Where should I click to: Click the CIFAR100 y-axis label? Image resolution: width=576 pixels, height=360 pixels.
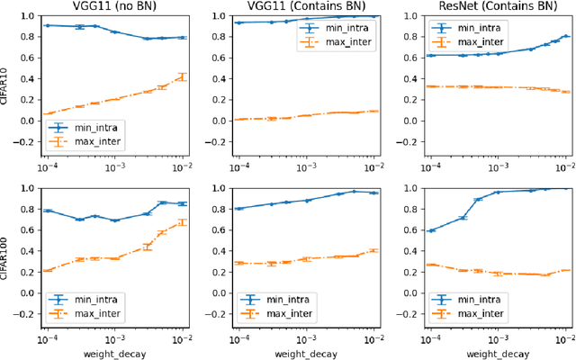[x=7, y=256]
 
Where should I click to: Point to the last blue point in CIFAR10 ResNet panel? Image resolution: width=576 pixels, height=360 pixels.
[x=565, y=36]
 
